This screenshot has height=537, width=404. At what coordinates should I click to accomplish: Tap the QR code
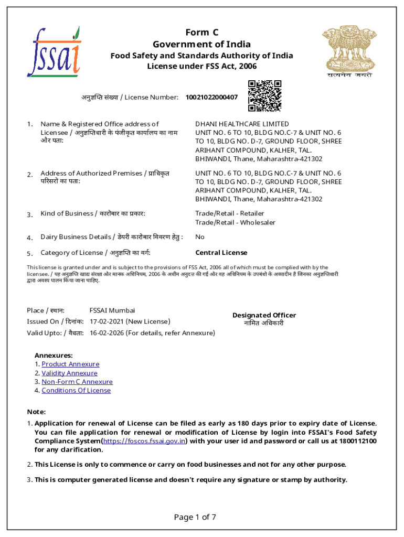(265, 96)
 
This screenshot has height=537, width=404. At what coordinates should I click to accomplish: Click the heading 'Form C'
(201, 33)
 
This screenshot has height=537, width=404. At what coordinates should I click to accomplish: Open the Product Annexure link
(70, 364)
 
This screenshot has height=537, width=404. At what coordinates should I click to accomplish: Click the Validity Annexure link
(69, 373)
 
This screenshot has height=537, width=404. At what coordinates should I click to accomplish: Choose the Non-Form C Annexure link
(77, 382)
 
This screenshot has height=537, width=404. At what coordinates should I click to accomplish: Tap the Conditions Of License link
(76, 391)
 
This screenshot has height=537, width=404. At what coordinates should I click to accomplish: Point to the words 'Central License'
(221, 253)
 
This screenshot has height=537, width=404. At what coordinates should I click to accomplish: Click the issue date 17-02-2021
(109, 321)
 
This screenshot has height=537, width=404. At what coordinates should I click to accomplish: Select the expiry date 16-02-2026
(109, 333)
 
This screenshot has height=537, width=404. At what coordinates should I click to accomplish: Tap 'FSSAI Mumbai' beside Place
(112, 310)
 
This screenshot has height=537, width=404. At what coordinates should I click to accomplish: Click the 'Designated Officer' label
(264, 315)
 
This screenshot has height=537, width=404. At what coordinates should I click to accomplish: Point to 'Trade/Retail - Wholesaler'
(235, 222)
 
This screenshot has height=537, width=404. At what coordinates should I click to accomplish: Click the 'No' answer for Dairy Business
(200, 237)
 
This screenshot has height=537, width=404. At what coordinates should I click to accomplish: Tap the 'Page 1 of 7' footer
(195, 517)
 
